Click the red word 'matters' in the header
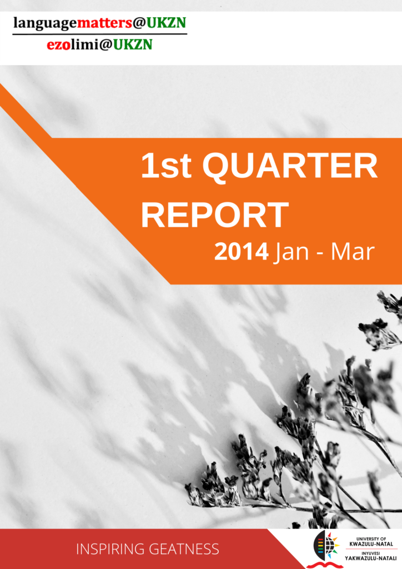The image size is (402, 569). tap(104, 23)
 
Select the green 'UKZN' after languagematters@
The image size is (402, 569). tap(167, 23)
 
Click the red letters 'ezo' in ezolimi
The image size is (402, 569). tap(58, 45)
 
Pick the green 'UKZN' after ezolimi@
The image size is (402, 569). tap(133, 44)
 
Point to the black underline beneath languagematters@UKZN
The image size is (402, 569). tap(100, 34)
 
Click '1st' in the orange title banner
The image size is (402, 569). tap(166, 166)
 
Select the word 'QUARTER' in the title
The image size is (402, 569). tap(290, 167)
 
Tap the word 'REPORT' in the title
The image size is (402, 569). tap(214, 215)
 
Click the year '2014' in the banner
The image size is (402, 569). tap(242, 252)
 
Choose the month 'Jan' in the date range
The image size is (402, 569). tap(292, 252)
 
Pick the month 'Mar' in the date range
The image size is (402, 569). tap(353, 252)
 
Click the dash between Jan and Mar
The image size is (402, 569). tap(320, 253)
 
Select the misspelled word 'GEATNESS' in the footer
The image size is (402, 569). tap(184, 549)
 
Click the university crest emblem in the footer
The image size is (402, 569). tap(325, 548)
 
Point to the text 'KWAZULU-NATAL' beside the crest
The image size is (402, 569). tap(371, 544)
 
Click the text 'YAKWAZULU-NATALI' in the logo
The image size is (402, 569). tap(370, 558)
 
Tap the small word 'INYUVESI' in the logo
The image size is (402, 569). tap(370, 553)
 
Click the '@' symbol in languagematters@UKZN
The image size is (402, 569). tap(139, 23)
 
